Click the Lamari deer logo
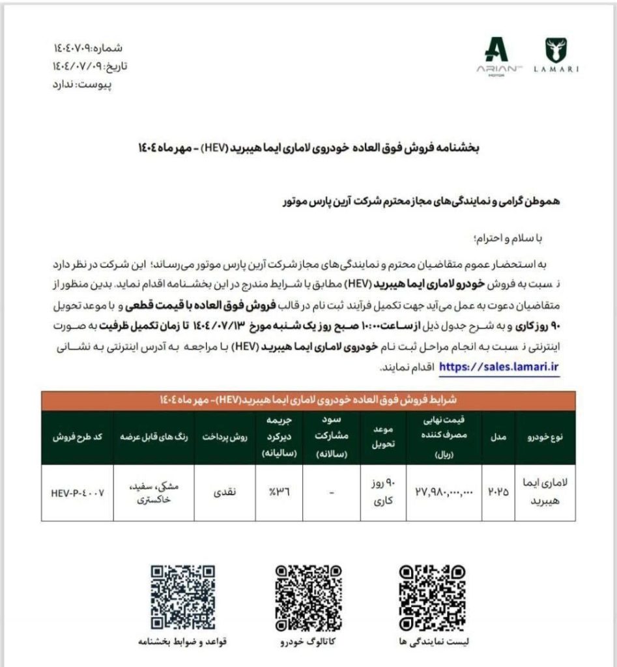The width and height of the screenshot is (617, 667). point(555,50)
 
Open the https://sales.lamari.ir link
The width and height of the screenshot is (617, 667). point(500,367)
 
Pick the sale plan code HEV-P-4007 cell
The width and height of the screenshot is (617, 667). point(78,492)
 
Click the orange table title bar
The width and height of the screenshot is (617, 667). point(308,400)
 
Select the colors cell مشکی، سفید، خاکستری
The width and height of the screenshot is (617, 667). point(153,492)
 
